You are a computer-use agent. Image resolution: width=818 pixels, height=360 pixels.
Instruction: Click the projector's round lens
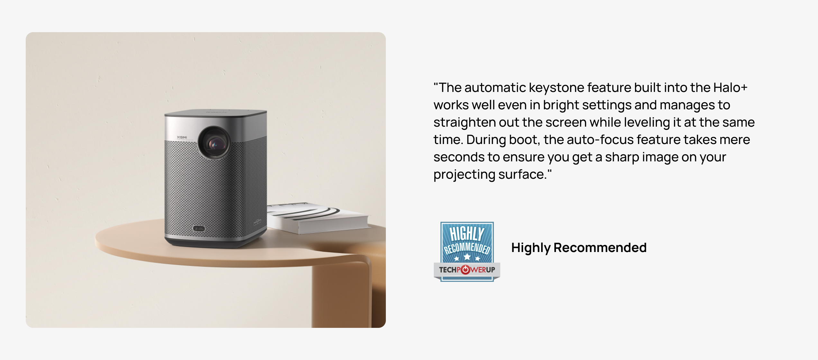(x=214, y=143)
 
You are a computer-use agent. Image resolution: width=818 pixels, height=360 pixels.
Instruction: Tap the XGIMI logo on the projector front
(x=182, y=137)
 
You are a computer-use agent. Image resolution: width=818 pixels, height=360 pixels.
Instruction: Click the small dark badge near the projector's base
(x=199, y=229)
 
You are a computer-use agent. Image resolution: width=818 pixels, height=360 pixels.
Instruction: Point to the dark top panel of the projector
(x=216, y=113)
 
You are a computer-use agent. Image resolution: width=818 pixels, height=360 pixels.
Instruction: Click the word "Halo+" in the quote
(x=730, y=87)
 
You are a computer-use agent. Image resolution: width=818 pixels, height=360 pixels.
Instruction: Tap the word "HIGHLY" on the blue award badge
(x=467, y=233)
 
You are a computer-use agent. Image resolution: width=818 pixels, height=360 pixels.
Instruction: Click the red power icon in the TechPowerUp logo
(x=465, y=270)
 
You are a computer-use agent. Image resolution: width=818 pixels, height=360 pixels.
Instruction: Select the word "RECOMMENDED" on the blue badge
(x=467, y=248)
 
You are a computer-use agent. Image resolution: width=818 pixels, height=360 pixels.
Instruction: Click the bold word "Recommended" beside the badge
(x=600, y=248)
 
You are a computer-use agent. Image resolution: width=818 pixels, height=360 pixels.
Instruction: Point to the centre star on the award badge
(x=467, y=257)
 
